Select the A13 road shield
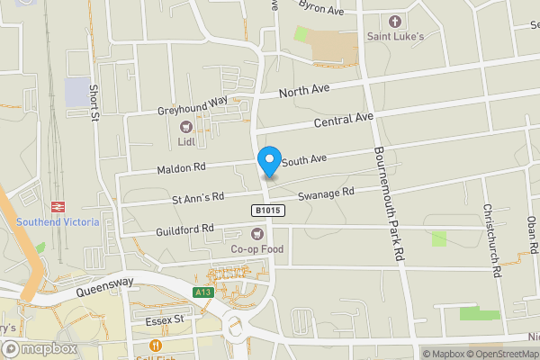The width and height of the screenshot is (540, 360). click(203, 292)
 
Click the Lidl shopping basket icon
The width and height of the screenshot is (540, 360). click(186, 127)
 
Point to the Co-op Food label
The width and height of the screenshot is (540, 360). click(256, 248)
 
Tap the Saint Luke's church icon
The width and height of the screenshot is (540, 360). click(393, 21)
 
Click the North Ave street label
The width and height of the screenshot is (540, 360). click(305, 92)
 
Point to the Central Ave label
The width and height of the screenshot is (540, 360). click(343, 119)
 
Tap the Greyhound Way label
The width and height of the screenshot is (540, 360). click(193, 106)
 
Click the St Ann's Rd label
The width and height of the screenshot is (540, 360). click(197, 198)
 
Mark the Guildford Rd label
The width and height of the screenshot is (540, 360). click(182, 229)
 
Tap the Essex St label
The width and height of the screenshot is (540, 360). click(163, 319)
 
